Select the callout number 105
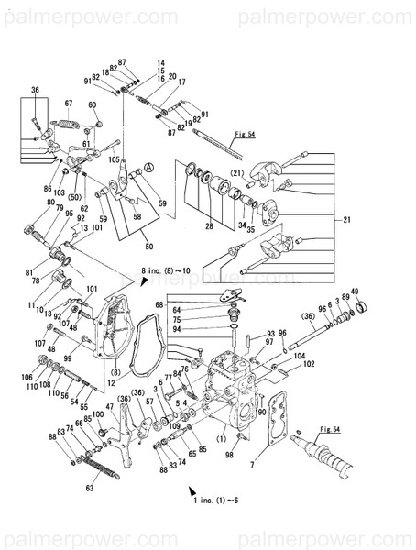coord(115,159)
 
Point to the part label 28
coord(209,225)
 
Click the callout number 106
coord(27,377)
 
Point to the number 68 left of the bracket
coord(159,304)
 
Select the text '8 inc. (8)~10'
coord(165,270)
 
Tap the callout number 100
coord(97,414)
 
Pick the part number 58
coord(137,217)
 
